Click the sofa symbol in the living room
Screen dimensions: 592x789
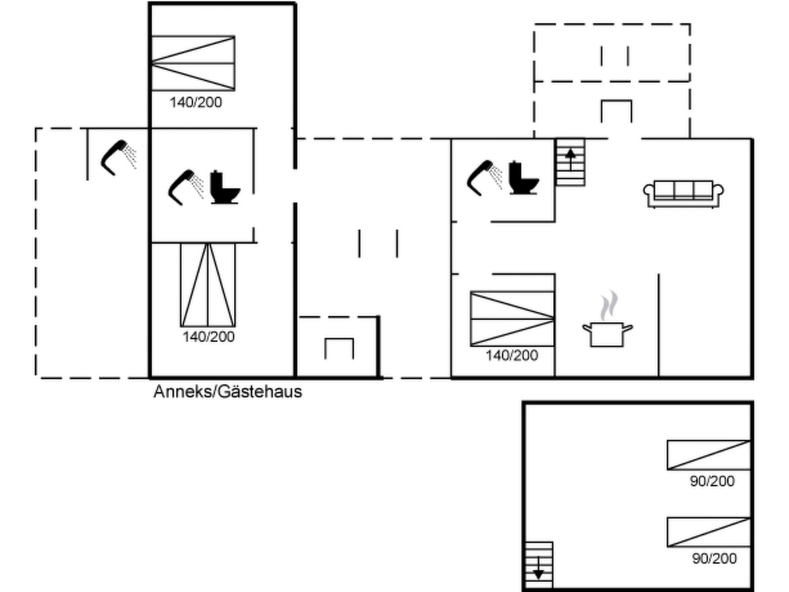683,193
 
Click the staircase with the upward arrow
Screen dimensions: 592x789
570,162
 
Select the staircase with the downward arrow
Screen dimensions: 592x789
539,565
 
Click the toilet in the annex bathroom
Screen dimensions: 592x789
225,188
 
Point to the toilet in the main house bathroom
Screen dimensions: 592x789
523,178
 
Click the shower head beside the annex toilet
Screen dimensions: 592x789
184,187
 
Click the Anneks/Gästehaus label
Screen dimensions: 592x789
227,392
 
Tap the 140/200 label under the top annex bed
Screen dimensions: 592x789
196,103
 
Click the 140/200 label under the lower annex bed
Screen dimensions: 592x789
208,337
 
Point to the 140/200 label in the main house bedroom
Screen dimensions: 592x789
512,355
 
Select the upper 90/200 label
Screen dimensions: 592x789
712,481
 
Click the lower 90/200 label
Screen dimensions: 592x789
714,558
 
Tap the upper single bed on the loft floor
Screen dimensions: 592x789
708,455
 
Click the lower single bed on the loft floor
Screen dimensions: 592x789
708,532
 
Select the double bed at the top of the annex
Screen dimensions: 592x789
193,63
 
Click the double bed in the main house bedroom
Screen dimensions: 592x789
512,319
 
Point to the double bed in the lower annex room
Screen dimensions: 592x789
208,285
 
